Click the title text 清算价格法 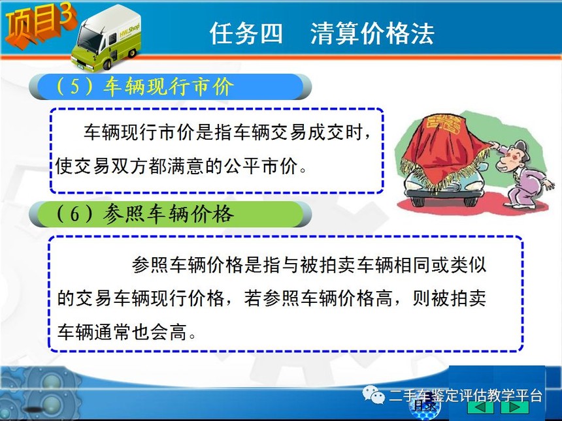372,33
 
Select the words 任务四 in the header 246,33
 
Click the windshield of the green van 90,39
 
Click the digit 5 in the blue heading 75,86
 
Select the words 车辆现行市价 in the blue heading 169,86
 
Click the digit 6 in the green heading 75,214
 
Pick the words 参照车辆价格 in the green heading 169,214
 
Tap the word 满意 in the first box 186,166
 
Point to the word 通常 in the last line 112,332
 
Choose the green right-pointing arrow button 515,407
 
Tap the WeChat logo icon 372,394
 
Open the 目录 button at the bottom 425,406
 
